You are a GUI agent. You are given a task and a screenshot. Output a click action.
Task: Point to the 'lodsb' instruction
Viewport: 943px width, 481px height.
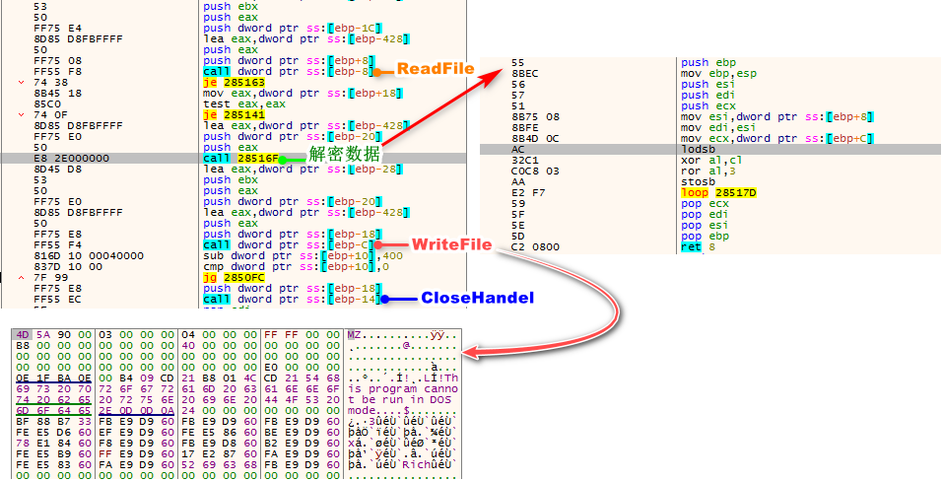697,149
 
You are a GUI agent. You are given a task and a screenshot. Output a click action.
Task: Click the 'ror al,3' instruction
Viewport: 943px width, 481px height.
706,171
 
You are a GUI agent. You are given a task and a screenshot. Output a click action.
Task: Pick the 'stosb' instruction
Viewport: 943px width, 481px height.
697,181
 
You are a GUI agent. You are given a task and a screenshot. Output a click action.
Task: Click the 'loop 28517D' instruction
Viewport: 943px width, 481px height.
717,192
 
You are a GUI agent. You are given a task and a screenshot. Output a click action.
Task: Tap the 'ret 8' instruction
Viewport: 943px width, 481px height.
693,246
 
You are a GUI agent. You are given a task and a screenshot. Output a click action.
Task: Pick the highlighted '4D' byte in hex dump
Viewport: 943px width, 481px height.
21,335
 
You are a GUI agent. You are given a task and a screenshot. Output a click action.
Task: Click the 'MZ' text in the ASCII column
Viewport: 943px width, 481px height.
354,335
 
